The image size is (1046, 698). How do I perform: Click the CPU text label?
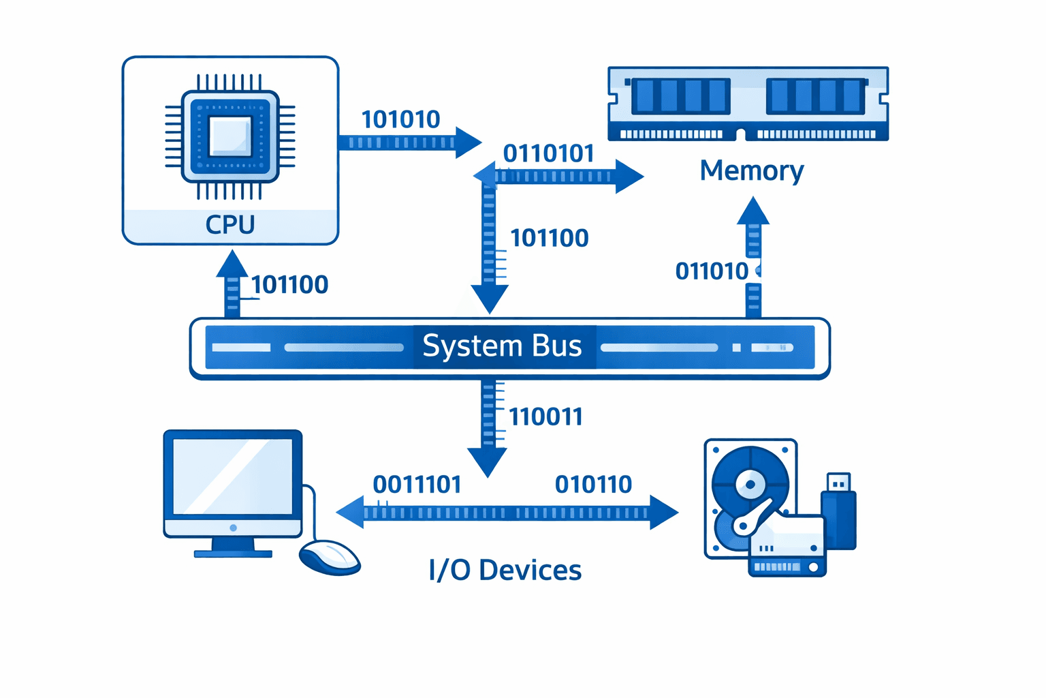(230, 224)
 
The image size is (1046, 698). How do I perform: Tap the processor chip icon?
(230, 136)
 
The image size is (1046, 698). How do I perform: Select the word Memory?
(751, 170)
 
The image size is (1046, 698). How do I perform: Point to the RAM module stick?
(748, 104)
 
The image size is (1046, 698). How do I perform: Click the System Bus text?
(502, 346)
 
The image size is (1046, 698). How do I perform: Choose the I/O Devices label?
(505, 570)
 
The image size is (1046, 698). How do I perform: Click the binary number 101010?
(400, 119)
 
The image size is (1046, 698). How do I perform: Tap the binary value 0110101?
(549, 153)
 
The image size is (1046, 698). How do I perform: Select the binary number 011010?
(712, 271)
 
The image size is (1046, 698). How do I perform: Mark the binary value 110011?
(545, 416)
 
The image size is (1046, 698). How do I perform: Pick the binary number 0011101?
(417, 485)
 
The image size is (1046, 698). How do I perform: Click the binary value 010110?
(593, 485)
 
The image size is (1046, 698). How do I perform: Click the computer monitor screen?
(232, 476)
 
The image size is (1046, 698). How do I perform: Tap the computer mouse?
(330, 557)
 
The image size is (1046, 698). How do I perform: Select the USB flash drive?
(838, 511)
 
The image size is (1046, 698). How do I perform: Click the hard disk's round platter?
(750, 485)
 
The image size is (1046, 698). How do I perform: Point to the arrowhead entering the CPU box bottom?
(232, 264)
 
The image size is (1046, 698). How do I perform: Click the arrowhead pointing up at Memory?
(753, 212)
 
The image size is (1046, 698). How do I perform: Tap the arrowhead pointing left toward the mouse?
(351, 512)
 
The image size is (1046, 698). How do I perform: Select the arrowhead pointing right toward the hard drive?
(663, 512)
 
